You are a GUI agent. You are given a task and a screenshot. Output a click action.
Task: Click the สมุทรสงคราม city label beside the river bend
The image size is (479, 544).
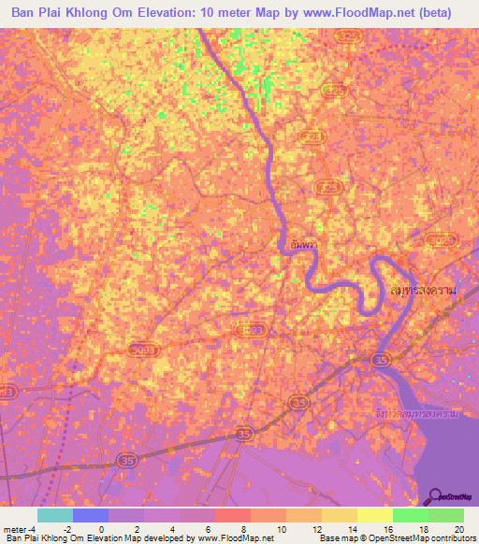[424, 291]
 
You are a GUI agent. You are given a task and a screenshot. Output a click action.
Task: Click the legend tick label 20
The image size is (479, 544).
[458, 529]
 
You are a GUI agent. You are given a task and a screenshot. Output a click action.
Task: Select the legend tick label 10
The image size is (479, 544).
[281, 529]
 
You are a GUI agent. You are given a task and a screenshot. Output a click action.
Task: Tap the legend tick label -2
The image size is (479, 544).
[67, 529]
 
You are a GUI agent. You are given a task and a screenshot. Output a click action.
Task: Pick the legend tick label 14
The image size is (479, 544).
[352, 529]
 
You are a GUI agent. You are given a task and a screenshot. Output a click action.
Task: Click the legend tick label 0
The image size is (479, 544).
[103, 529]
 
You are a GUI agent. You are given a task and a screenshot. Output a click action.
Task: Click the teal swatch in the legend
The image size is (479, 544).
[55, 515]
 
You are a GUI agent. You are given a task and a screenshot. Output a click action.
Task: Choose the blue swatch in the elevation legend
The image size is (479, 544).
[91, 515]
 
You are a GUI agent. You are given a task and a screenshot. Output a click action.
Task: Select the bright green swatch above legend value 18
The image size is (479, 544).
[410, 515]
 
